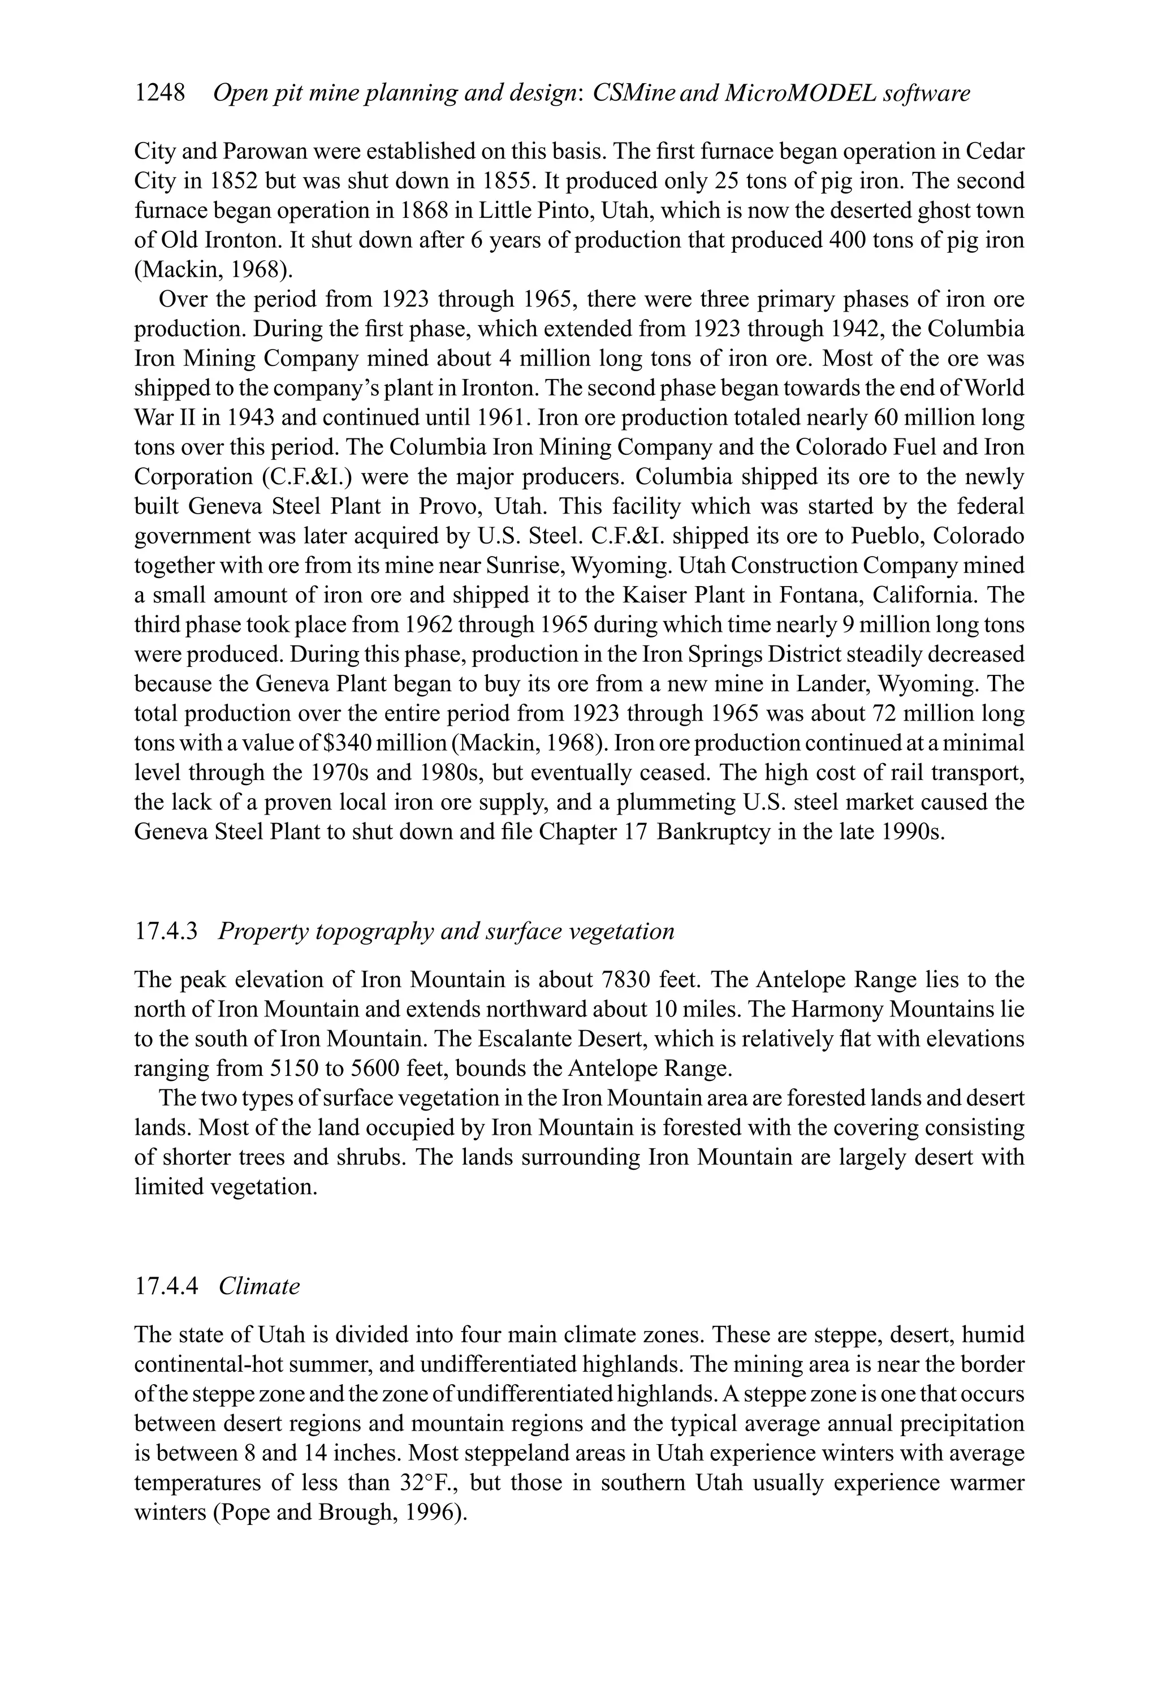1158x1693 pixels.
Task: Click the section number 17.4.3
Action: pos(166,931)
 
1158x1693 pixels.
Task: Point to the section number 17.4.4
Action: pos(166,1286)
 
